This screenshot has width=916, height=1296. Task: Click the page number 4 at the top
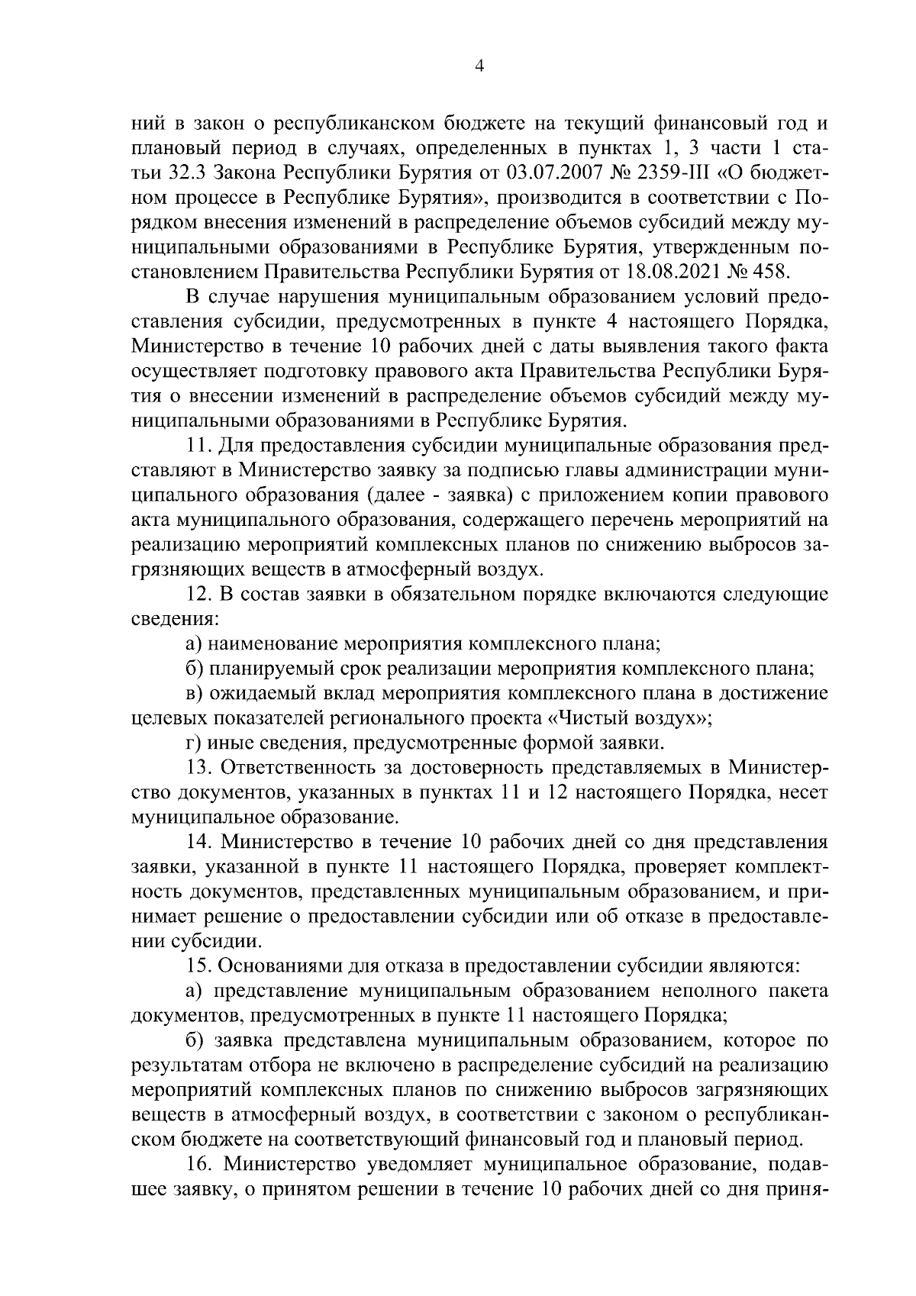479,66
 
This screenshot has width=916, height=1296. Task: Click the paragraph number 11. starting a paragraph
198,444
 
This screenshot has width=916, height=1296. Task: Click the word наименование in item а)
270,643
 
